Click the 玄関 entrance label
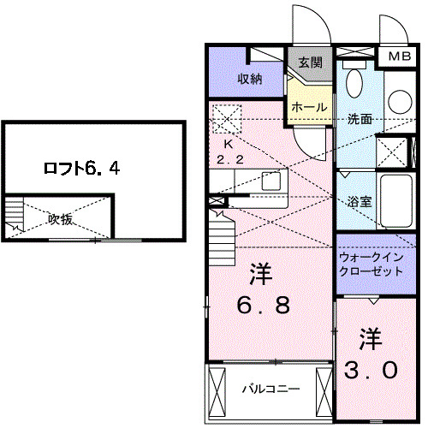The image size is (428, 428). tap(311, 62)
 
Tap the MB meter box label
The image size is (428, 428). tap(400, 57)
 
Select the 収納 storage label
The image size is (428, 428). tap(249, 80)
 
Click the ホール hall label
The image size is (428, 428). tap(308, 107)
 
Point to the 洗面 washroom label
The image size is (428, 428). tap(360, 119)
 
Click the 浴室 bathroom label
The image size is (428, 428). tap(360, 202)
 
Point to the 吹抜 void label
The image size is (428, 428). tap(60, 219)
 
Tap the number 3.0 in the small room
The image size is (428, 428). tap(371, 354)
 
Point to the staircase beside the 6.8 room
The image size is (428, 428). tap(220, 231)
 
